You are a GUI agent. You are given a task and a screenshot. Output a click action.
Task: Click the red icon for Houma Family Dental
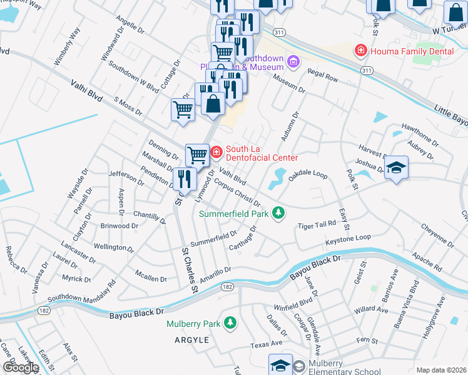click(360, 50)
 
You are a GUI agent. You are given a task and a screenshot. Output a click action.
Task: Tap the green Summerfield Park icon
click(280, 214)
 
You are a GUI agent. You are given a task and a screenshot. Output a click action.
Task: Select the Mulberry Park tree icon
click(231, 323)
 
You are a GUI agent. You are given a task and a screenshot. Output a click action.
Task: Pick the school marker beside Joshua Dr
click(396, 167)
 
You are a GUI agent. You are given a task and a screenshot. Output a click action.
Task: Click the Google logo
click(21, 367)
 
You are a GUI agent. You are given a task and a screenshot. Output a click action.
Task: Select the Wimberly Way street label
click(68, 47)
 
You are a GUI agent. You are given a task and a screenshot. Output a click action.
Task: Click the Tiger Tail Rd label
click(317, 225)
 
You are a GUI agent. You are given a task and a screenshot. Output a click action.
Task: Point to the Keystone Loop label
click(348, 239)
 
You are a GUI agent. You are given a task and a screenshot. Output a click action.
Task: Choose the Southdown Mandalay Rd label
click(81, 291)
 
